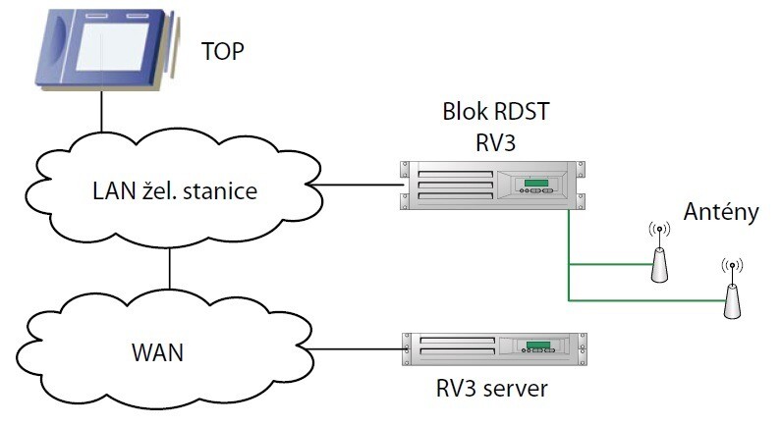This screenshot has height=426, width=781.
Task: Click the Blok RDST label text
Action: tap(494, 111)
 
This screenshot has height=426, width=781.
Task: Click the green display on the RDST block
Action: tap(535, 183)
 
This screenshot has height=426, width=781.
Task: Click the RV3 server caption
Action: tap(491, 387)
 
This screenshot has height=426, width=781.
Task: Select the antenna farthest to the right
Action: tap(730, 295)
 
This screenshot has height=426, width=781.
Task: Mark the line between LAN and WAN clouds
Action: tap(170, 267)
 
